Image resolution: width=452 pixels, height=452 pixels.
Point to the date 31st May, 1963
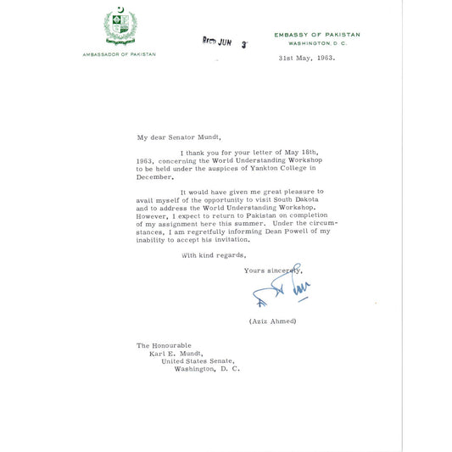[x=307, y=59]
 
